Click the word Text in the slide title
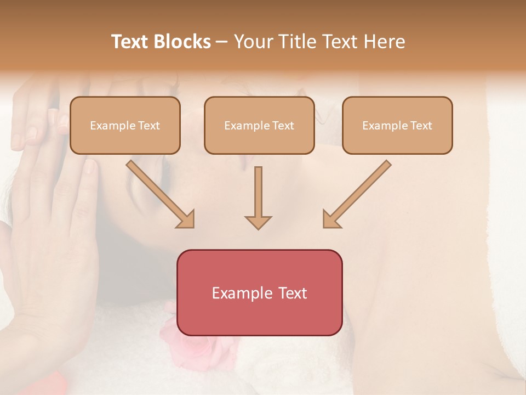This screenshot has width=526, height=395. (130, 42)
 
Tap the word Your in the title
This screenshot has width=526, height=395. (254, 42)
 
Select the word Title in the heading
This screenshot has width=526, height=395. (296, 42)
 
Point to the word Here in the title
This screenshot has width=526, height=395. (384, 42)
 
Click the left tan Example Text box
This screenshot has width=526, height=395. (125, 126)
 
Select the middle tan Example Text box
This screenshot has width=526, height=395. (259, 126)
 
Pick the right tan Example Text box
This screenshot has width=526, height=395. (397, 126)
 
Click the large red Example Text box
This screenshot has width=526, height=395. (260, 292)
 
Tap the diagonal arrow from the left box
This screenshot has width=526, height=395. (159, 194)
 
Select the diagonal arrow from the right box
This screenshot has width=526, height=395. (357, 194)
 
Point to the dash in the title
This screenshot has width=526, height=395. (222, 42)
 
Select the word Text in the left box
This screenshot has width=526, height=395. (149, 126)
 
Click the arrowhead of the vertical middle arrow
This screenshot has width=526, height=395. (258, 222)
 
